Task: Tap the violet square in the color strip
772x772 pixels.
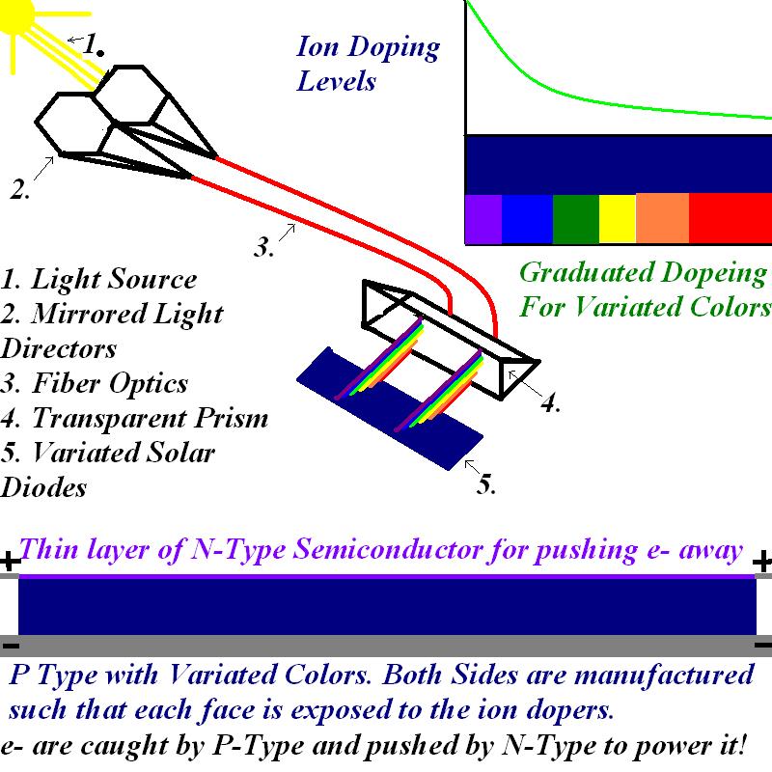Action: coord(483,219)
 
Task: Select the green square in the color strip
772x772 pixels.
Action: coord(576,219)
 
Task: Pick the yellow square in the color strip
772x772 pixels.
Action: coord(618,219)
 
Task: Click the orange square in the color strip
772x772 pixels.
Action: coord(663,219)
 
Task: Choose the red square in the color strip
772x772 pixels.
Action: coord(731,219)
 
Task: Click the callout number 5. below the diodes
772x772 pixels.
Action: coord(487,484)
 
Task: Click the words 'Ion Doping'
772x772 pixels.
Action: coord(368,47)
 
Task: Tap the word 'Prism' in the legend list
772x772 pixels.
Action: coord(228,419)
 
